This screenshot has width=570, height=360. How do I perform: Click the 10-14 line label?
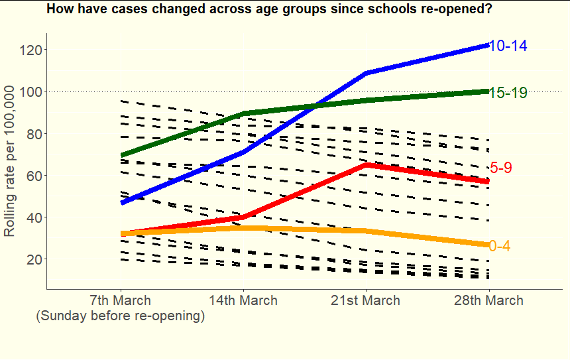[x=508, y=46]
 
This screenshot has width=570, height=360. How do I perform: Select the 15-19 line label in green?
[x=508, y=93]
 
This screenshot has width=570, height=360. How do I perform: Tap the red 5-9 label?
[x=500, y=168]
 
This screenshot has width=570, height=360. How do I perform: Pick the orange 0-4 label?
[x=499, y=246]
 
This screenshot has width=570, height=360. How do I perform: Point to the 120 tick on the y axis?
[x=30, y=50]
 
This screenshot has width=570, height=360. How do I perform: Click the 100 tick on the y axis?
[x=30, y=91]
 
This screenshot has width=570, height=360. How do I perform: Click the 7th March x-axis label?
[x=120, y=300]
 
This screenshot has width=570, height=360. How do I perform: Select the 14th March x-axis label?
[x=243, y=300]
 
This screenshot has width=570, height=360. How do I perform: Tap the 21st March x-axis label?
[x=365, y=300]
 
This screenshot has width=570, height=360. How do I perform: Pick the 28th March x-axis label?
[x=488, y=300]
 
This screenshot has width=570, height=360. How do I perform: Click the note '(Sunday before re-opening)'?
[x=120, y=316]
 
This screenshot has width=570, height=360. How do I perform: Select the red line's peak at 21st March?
[x=365, y=164]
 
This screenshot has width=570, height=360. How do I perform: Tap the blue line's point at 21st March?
[x=365, y=73]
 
